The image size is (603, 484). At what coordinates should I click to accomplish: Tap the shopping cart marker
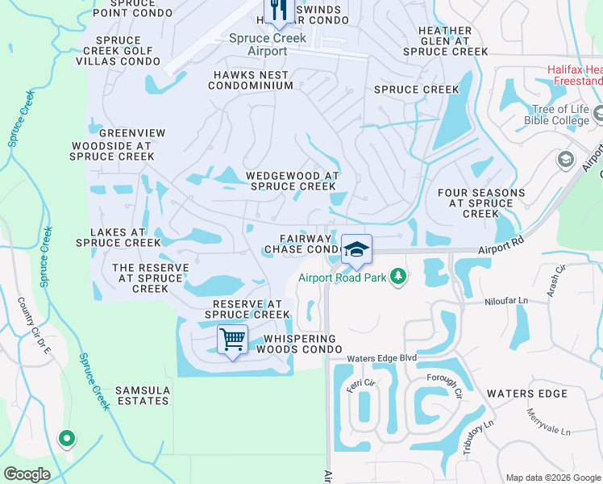[x=232, y=340]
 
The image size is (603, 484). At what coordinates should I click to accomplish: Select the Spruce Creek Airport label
[x=257, y=44]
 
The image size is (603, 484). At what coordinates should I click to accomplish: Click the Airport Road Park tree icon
[x=397, y=277]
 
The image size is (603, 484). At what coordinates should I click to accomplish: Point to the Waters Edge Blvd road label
[x=381, y=358]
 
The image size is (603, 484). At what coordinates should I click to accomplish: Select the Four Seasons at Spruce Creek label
[x=481, y=203]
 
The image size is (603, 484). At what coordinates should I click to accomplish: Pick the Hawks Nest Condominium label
[x=251, y=81]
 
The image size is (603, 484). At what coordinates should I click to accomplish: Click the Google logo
[x=27, y=474]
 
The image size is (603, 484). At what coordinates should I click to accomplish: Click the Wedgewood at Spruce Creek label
[x=291, y=181]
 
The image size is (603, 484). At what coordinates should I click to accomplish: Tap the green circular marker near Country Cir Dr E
[x=67, y=439]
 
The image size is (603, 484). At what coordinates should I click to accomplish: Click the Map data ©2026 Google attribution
[x=552, y=478]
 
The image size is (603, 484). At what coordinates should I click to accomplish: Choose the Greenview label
[x=132, y=133]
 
